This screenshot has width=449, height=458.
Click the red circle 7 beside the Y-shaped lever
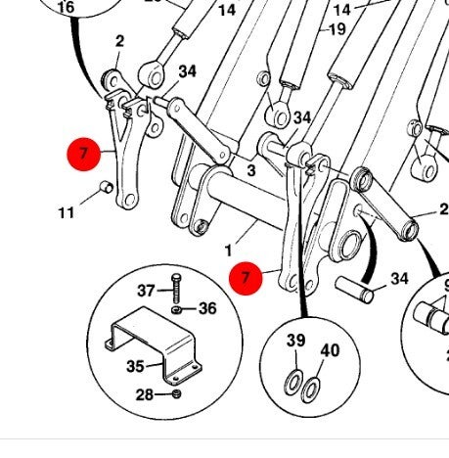point(84,154)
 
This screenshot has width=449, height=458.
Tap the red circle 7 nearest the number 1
point(246,278)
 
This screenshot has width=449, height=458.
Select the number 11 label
point(67,213)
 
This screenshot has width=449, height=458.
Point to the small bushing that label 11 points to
point(107,187)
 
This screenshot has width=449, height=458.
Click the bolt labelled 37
point(176,289)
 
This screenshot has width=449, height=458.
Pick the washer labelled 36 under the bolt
point(176,309)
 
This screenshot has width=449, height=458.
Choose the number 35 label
point(135,366)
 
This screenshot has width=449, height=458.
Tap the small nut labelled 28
point(176,393)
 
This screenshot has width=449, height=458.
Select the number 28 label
point(145,394)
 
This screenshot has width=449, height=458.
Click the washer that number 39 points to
point(293,383)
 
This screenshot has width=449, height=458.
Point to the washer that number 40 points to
point(310,389)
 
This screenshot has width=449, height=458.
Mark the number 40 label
point(330,350)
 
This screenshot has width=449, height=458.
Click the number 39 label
point(296,341)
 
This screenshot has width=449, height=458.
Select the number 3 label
point(251,170)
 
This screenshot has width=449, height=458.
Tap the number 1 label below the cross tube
point(228,251)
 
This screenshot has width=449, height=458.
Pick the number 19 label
point(337,29)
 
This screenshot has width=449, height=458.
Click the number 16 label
point(66,7)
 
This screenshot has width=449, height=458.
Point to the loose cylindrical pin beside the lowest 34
point(354,290)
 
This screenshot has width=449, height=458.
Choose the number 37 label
point(146,291)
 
